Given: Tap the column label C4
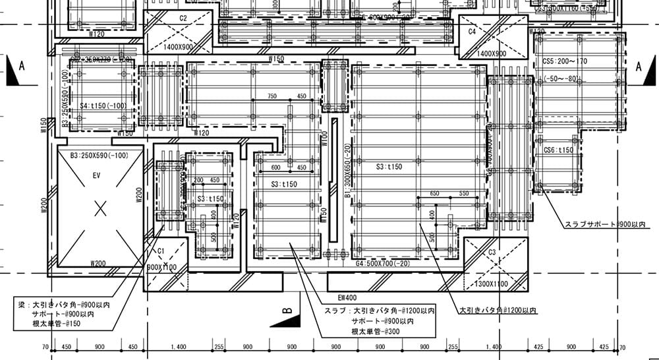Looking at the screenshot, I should coord(472,31).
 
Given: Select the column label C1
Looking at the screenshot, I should coord(160,251).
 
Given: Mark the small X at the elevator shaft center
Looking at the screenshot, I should coord(100,209).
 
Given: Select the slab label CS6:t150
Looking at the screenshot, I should coord(558,150).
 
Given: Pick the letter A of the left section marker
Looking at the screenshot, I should coord(22,67).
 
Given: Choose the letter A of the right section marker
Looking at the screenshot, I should coord(639,67).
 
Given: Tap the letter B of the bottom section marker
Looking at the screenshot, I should coord(287,309).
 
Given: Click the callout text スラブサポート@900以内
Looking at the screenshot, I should coord(606,225).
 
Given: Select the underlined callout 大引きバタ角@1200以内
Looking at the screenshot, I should coord(498,310).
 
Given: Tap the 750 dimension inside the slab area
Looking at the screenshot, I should coord(272,96).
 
